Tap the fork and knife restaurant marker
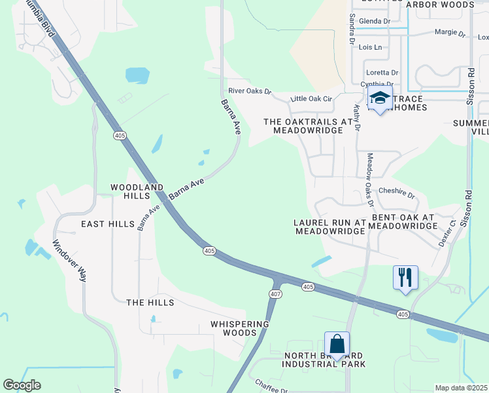(x=405, y=277)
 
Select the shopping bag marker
(x=337, y=344)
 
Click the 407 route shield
(x=275, y=294)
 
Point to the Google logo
(x=22, y=385)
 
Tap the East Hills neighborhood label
(x=107, y=224)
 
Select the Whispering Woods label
(x=240, y=328)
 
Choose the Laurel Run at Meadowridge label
(x=329, y=227)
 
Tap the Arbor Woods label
(x=440, y=5)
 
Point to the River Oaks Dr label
(x=249, y=91)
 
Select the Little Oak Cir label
(x=311, y=98)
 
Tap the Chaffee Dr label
(x=271, y=386)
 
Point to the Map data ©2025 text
(x=461, y=388)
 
